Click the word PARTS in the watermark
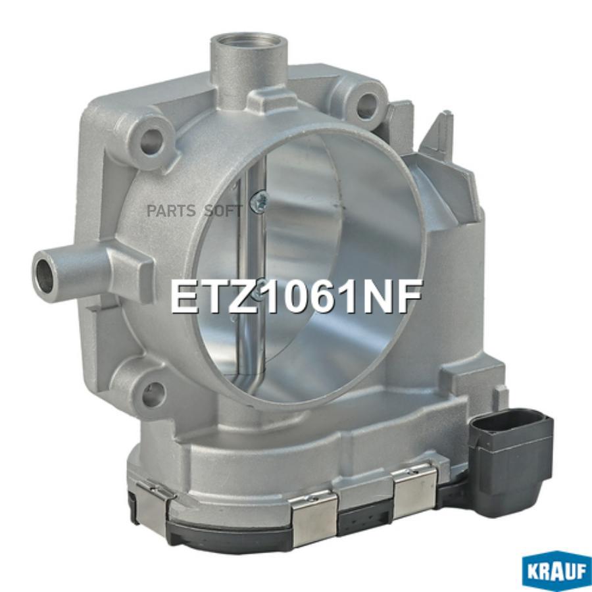coord(172,210)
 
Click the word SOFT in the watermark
coord(222,210)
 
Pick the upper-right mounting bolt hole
coord(368,101)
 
